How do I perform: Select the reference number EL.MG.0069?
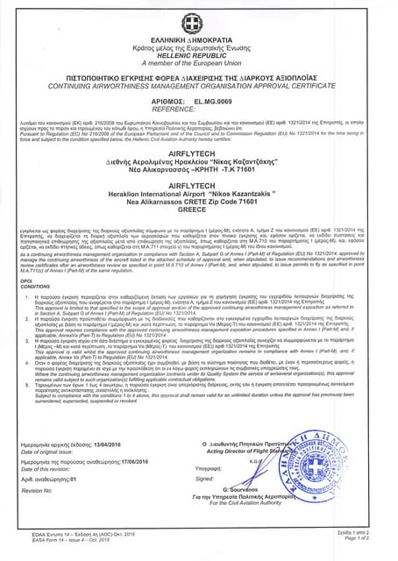(215, 102)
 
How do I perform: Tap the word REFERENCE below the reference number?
(198, 110)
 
